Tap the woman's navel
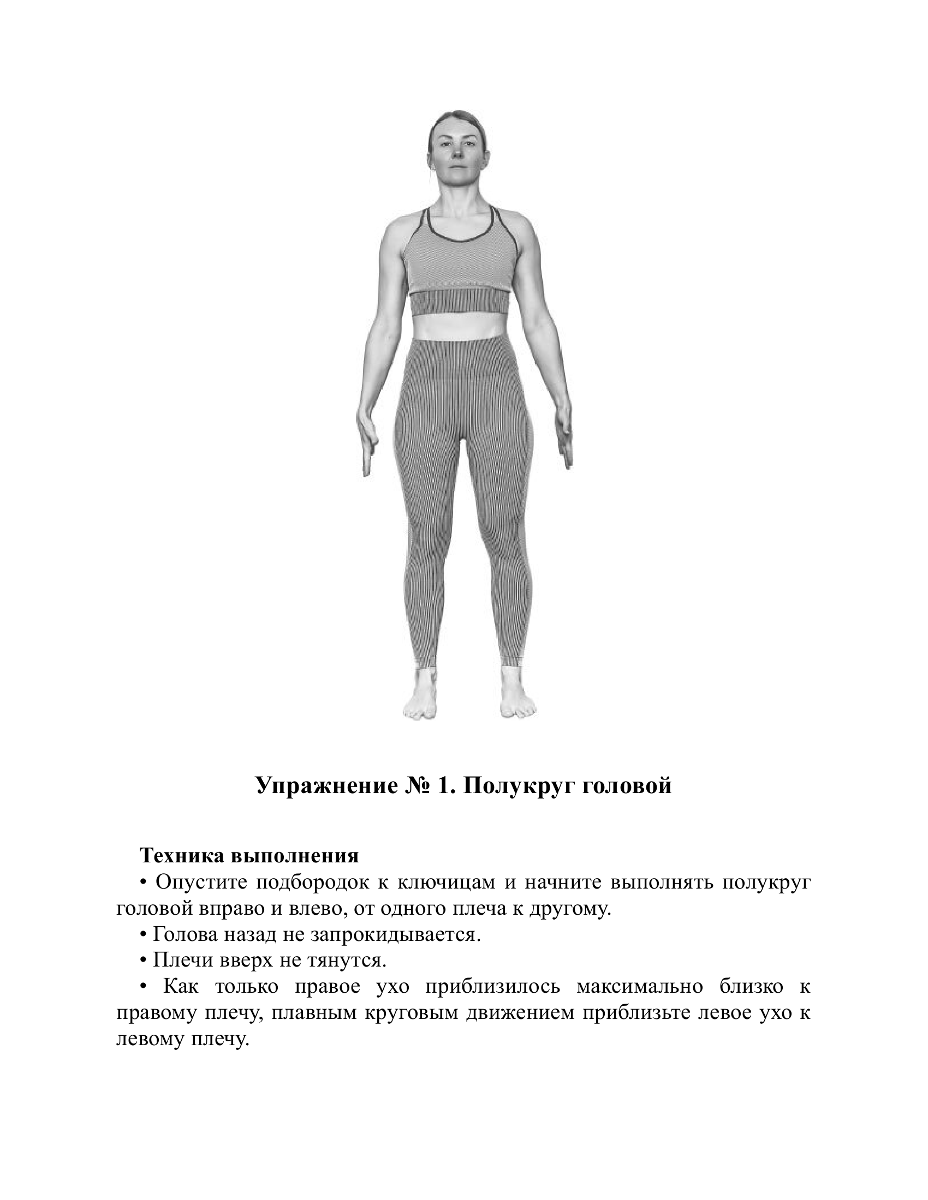point(461,329)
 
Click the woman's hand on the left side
point(367,445)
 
